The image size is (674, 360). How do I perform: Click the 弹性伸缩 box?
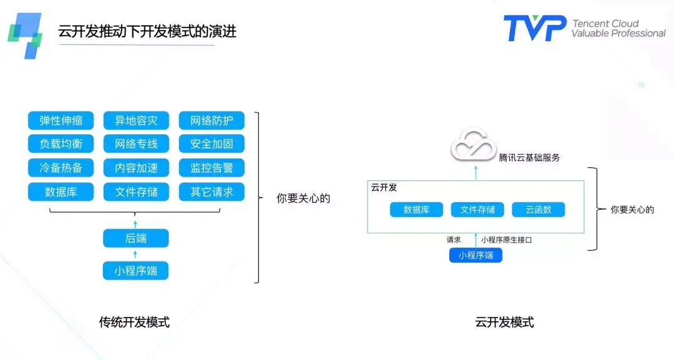tap(61, 120)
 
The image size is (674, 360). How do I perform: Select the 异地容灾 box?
tap(136, 120)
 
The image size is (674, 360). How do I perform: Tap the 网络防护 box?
tap(212, 120)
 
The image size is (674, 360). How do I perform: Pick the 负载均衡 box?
tap(61, 144)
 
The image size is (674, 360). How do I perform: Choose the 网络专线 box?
tap(136, 144)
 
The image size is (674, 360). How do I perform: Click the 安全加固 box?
tap(212, 144)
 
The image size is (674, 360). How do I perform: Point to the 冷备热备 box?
tap(61, 168)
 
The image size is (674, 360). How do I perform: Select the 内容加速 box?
tap(136, 168)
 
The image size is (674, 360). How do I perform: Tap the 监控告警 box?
tap(212, 168)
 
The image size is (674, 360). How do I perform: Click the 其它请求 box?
tap(212, 192)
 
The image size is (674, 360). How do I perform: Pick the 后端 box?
tap(135, 238)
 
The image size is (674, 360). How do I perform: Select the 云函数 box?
tap(538, 210)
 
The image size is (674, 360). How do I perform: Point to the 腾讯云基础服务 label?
tap(529, 158)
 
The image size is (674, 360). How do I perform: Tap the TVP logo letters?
tap(535, 28)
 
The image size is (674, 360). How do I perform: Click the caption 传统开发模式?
tap(134, 323)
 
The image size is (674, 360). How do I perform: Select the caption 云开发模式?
tap(504, 323)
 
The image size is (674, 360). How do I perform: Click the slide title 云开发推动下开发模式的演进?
tap(147, 31)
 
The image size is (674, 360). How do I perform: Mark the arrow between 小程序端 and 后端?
tap(135, 254)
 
